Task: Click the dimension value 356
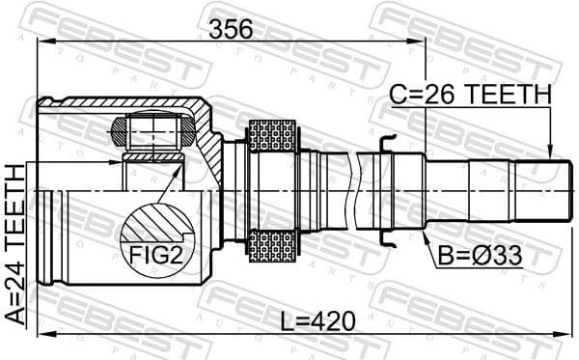pyautogui.click(x=232, y=29)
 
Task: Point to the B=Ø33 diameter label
pyautogui.click(x=480, y=256)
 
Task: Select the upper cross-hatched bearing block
pyautogui.click(x=271, y=136)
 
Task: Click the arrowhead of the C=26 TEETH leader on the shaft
pyautogui.click(x=550, y=154)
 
